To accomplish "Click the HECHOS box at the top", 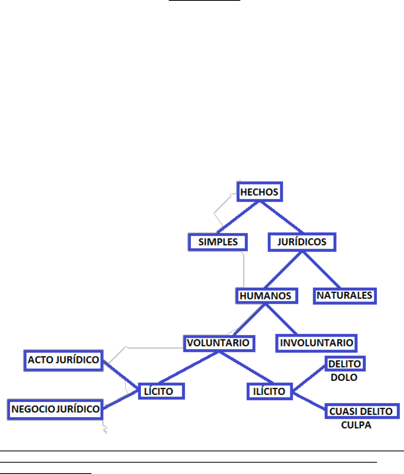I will coord(259,192).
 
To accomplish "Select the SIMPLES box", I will coord(218,242).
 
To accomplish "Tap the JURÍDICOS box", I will coord(302,242).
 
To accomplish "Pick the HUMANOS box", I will coord(266,296).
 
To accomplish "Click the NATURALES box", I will coord(344,295).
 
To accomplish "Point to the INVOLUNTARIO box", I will coord(316,343).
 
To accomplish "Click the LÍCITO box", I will coord(161,391).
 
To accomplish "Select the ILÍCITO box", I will coord(269,391).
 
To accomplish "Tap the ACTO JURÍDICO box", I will coord(63,360).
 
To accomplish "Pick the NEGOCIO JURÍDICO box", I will coord(55,409).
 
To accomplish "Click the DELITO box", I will coord(345,364).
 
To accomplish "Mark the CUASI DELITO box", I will coord(361,411).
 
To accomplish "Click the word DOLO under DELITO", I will coord(344,377).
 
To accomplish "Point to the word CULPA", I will coord(356,425).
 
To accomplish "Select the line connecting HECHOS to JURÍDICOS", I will coord(281,217).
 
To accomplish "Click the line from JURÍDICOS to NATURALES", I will coord(321,269).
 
